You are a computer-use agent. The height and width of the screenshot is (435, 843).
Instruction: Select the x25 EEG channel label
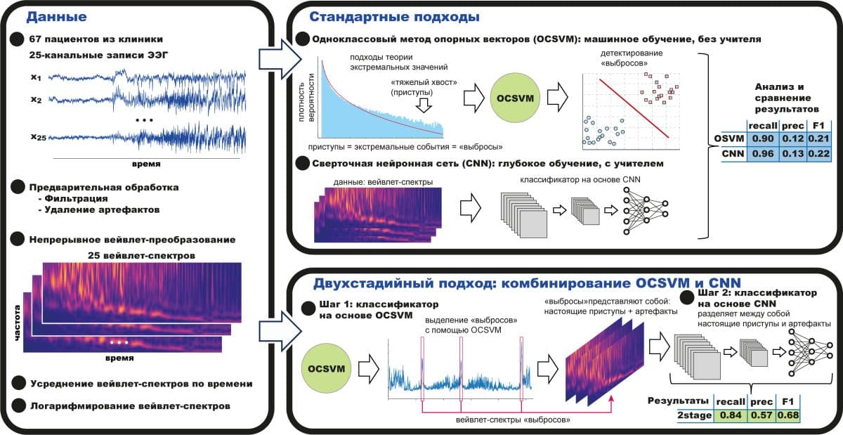point(38,138)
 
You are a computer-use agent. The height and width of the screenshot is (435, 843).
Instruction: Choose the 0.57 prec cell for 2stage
point(761,416)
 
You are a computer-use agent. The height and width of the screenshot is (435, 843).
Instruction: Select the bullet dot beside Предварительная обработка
point(17,188)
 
